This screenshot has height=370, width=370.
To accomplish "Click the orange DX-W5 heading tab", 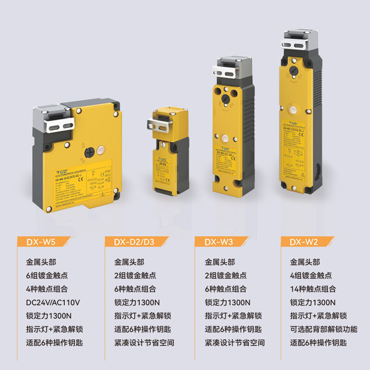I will [43, 241].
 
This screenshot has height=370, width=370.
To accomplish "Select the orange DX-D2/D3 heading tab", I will [133, 241].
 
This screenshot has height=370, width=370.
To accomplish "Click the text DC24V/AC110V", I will [53, 303].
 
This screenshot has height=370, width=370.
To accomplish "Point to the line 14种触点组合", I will [313, 289].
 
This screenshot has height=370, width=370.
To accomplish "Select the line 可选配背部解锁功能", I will [324, 329].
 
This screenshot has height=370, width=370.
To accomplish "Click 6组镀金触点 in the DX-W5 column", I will [47, 276].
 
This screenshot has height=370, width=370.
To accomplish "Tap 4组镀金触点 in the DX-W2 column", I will [311, 276].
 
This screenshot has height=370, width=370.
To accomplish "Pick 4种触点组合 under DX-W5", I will [47, 289].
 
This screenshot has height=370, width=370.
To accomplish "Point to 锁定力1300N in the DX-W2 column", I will [313, 302].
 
